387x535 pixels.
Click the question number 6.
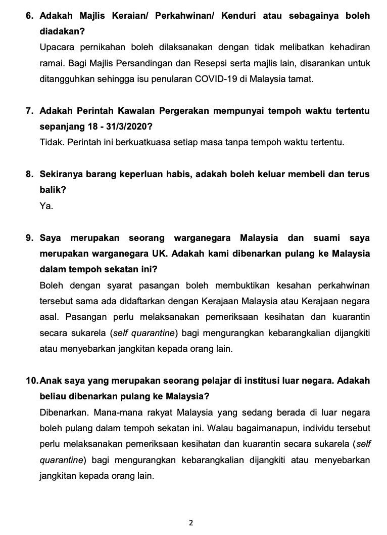(29, 16)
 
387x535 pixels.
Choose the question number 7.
(29, 111)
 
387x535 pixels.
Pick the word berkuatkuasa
(131, 142)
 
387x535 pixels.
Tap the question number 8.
(29, 174)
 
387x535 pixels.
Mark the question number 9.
(29, 237)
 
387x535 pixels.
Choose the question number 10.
(31, 380)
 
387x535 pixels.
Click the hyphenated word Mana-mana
(107, 411)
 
